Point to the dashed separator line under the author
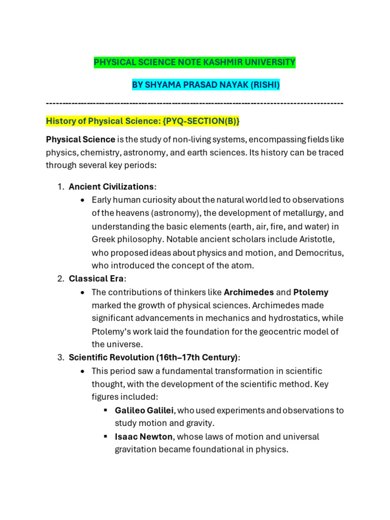(194, 103)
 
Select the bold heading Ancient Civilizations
(111, 186)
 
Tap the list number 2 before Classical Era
(59, 279)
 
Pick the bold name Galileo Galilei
(144, 410)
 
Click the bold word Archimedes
(249, 292)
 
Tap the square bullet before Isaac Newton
(105, 437)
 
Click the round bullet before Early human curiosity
(82, 200)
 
